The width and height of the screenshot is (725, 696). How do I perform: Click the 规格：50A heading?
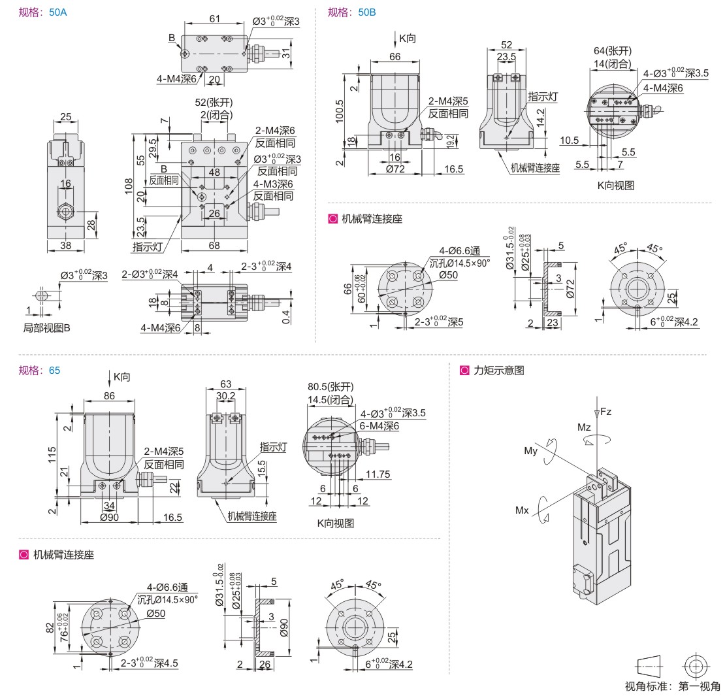[43, 12]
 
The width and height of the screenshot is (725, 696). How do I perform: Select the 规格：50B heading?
[351, 12]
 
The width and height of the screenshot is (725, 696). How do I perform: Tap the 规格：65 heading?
[40, 371]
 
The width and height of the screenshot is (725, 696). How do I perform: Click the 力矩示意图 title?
[499, 371]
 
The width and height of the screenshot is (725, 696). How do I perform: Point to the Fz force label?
[605, 412]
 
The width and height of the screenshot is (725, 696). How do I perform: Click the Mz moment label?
[583, 427]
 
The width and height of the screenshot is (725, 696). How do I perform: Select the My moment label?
[531, 451]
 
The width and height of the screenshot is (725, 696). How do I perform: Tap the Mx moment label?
[521, 510]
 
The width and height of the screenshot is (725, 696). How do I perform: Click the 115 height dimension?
[51, 452]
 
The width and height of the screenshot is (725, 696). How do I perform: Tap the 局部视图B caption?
[46, 327]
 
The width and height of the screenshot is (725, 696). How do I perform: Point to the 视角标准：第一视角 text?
[672, 686]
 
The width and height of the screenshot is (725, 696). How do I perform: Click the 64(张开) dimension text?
[612, 51]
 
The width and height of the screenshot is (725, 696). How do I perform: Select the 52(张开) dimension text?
[214, 103]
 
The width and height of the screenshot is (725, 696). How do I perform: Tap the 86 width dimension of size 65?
[108, 395]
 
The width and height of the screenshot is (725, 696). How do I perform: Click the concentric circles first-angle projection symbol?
[696, 667]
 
